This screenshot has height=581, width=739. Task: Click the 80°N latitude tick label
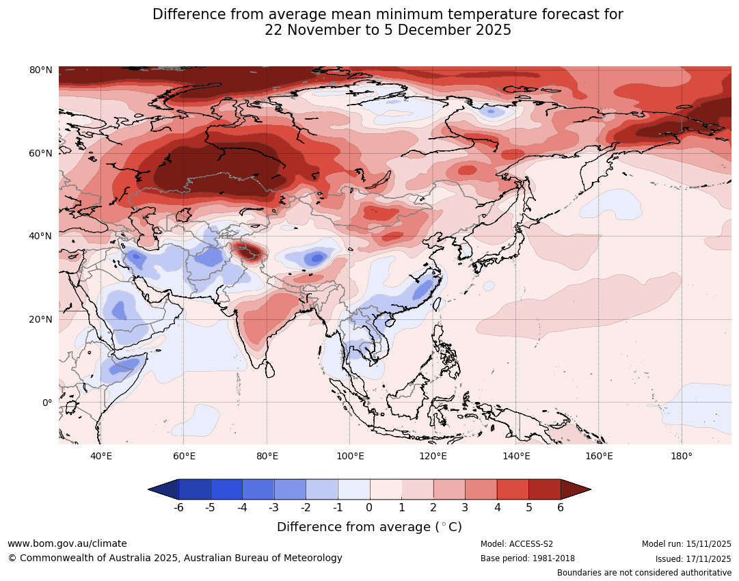coord(41,70)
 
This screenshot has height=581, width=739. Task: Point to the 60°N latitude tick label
coord(41,153)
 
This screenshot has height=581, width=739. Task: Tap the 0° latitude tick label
coord(47,403)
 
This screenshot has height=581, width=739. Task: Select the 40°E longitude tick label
coord(101,457)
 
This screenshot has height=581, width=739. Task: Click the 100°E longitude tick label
coord(350,457)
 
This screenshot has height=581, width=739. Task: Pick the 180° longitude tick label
coord(682,457)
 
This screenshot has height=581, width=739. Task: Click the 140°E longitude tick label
coord(516,457)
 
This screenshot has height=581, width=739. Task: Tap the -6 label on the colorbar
coord(178,507)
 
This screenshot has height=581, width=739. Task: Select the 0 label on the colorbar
coord(370,507)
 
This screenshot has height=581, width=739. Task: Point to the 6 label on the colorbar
coord(561,507)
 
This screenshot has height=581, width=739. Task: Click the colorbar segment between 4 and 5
coord(513,489)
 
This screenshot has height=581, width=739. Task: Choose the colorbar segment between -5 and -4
coord(226,489)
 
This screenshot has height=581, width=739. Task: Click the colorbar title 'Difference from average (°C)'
coord(369,527)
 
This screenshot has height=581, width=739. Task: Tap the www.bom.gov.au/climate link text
coord(67,543)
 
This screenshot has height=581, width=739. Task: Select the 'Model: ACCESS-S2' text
coord(517,544)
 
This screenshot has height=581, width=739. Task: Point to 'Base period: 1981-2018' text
coord(528,558)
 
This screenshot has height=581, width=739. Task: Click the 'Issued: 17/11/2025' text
coord(693,558)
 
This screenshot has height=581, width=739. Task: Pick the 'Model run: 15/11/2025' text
coord(686,544)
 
